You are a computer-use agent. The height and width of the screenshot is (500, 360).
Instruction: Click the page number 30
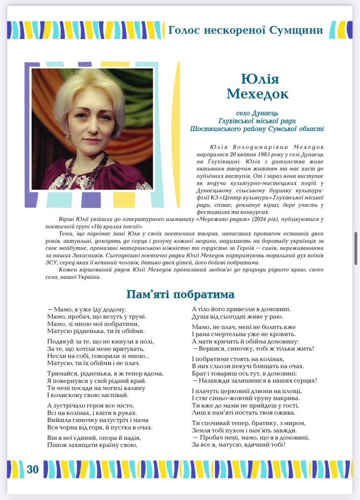click(x=32, y=469)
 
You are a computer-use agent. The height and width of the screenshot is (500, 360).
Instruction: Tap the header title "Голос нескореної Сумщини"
click(x=245, y=30)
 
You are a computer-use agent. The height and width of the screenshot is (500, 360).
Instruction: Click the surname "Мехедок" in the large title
click(x=257, y=94)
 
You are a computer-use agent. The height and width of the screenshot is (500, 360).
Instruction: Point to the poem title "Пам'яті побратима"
click(x=180, y=295)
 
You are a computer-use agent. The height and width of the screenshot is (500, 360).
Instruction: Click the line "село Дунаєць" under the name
click(x=257, y=113)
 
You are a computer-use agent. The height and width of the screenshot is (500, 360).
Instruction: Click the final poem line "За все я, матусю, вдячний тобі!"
click(x=238, y=445)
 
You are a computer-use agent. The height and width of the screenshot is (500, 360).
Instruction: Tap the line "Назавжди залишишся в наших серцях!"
click(x=257, y=380)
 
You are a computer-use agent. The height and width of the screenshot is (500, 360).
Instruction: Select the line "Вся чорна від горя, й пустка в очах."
click(x=100, y=427)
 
